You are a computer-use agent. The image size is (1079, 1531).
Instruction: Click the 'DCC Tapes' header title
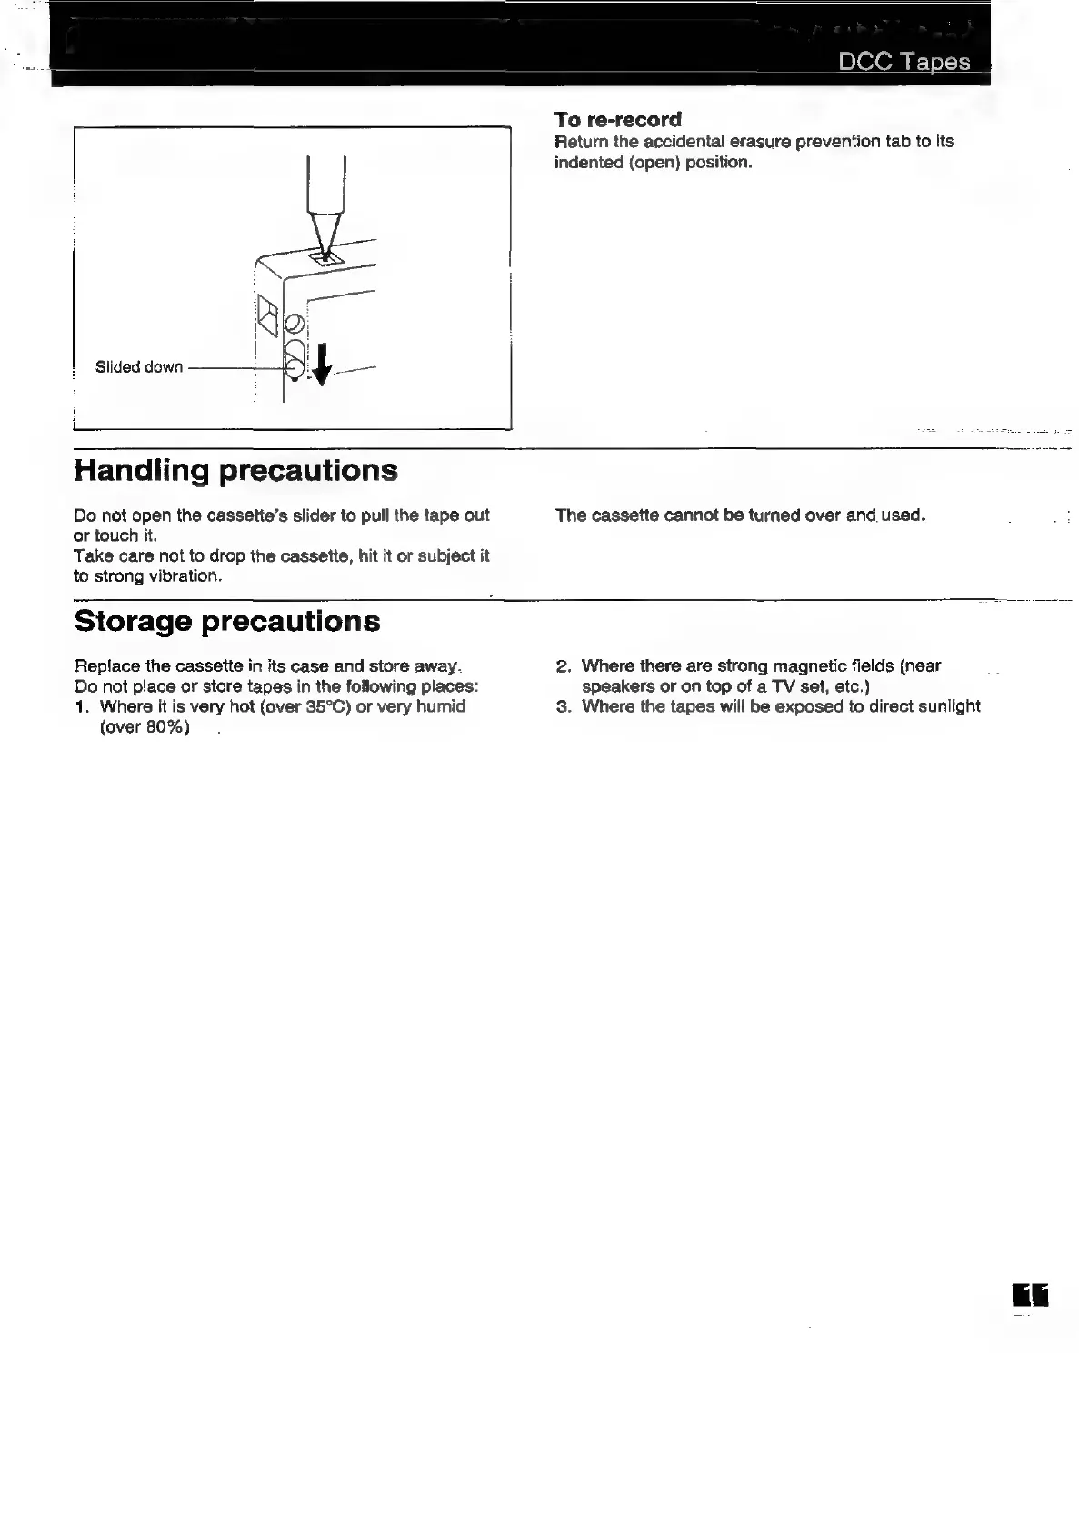(904, 62)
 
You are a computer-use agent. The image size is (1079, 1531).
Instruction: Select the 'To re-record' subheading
(617, 120)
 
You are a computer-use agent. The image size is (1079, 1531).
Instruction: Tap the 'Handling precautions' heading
(235, 470)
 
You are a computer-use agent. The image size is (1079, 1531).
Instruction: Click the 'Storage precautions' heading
(226, 621)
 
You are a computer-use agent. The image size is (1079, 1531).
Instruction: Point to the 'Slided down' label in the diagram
(138, 367)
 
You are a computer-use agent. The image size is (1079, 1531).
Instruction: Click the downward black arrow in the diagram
(320, 365)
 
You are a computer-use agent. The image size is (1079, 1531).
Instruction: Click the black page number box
(1029, 1296)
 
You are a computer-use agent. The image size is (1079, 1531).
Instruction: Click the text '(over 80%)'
(145, 727)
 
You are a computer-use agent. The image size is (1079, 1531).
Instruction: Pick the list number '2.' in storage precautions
(563, 666)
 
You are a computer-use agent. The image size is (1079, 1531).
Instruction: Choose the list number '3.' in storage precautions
(563, 706)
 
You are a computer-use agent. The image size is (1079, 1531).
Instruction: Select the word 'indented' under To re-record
(587, 163)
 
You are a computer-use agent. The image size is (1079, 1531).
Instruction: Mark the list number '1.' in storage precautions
(82, 706)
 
